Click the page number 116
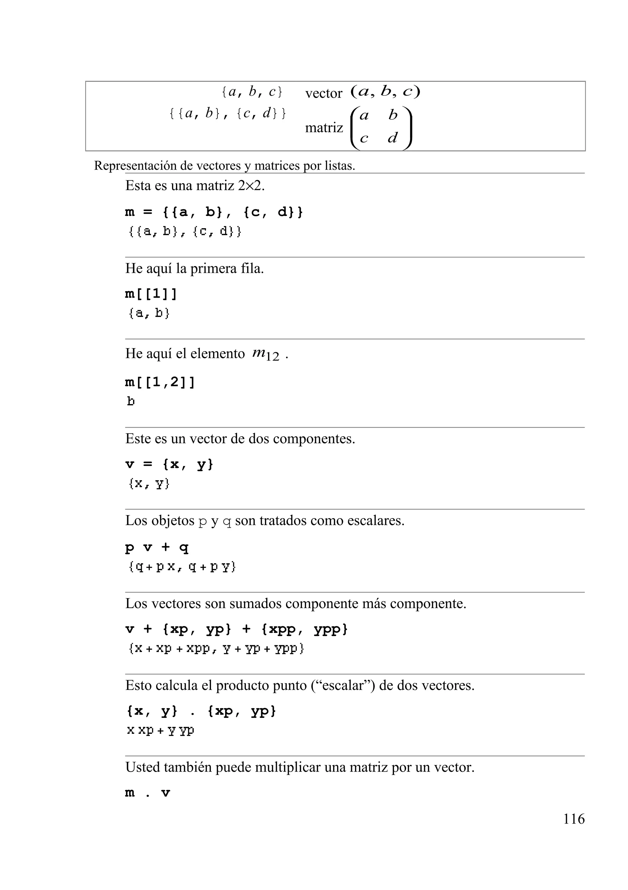click(x=574, y=819)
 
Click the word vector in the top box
click(x=324, y=94)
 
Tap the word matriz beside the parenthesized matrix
click(x=324, y=128)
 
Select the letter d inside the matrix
click(x=392, y=138)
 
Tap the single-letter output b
click(x=131, y=402)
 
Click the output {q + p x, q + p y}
click(x=182, y=568)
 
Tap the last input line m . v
click(x=147, y=793)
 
